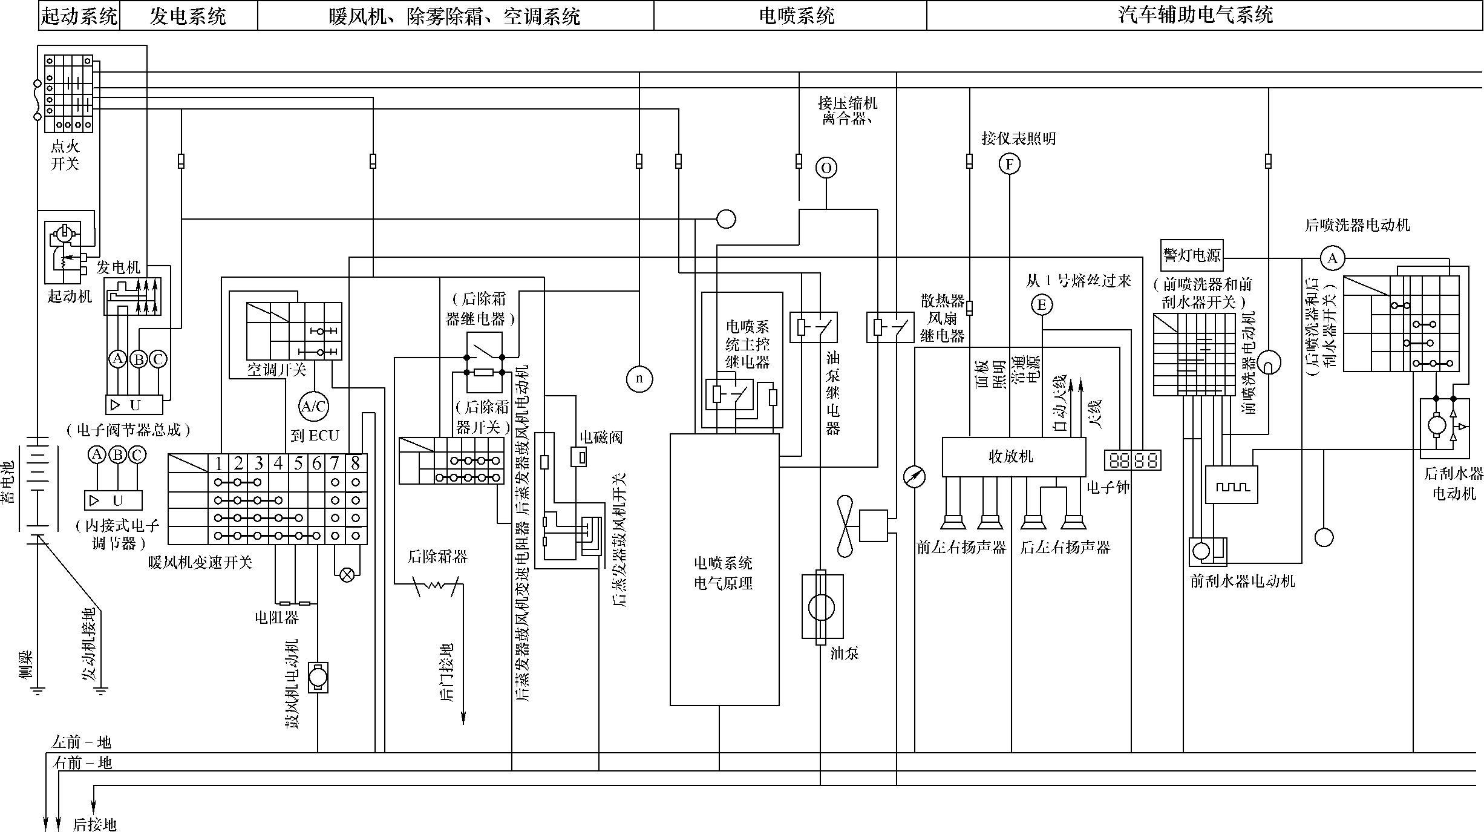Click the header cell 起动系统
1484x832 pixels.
coord(79,16)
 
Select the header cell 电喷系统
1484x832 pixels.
coord(796,16)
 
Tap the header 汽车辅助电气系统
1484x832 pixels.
coord(1195,15)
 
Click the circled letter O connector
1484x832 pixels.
coord(826,168)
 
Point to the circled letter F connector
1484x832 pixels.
coord(1009,164)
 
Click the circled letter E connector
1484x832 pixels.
coord(1042,304)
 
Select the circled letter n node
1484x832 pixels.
coord(639,379)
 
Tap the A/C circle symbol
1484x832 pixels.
coord(313,407)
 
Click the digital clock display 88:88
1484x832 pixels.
coord(1132,460)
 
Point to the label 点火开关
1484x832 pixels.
coord(65,155)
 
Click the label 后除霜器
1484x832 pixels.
coord(437,557)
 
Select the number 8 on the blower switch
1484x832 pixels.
coord(356,463)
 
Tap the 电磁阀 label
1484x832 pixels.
coord(601,437)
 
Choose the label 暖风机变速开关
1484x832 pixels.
coord(200,562)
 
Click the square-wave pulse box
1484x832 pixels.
coord(1232,485)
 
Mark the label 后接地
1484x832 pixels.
coord(94,824)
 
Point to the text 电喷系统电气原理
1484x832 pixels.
coord(724,573)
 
